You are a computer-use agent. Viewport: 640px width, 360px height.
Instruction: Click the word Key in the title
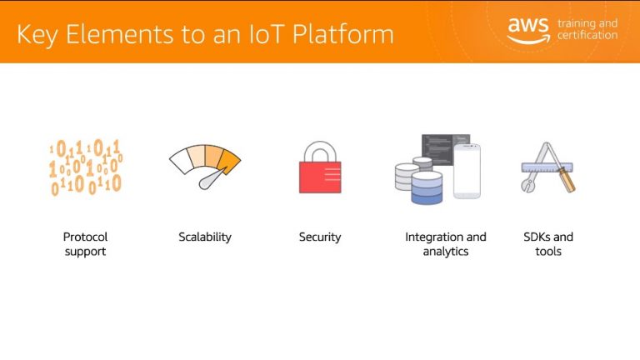pyautogui.click(x=37, y=35)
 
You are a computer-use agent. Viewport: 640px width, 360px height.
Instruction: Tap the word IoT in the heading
pyautogui.click(x=266, y=34)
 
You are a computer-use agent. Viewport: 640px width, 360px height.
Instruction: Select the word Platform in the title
pyautogui.click(x=343, y=34)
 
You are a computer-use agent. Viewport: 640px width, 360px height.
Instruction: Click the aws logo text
pyautogui.click(x=528, y=25)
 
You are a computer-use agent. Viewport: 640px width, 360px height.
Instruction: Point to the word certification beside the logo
pyautogui.click(x=587, y=35)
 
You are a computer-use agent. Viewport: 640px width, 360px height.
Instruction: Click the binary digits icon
pyautogui.click(x=85, y=167)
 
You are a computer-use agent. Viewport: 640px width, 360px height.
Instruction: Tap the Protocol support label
pyautogui.click(x=85, y=244)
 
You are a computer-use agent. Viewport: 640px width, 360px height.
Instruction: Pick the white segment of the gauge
pyautogui.click(x=180, y=160)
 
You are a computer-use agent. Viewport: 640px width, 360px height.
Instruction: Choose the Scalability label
pyautogui.click(x=205, y=237)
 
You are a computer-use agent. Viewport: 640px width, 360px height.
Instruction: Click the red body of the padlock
pyautogui.click(x=320, y=177)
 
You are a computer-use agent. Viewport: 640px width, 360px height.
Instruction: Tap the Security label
pyautogui.click(x=320, y=237)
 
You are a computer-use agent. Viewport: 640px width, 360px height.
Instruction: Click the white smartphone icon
pyautogui.click(x=467, y=171)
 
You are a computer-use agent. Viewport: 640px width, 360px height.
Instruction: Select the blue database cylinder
pyautogui.click(x=427, y=187)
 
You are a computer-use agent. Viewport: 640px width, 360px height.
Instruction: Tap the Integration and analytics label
pyautogui.click(x=446, y=244)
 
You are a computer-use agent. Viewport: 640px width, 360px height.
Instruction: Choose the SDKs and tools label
pyautogui.click(x=548, y=244)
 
